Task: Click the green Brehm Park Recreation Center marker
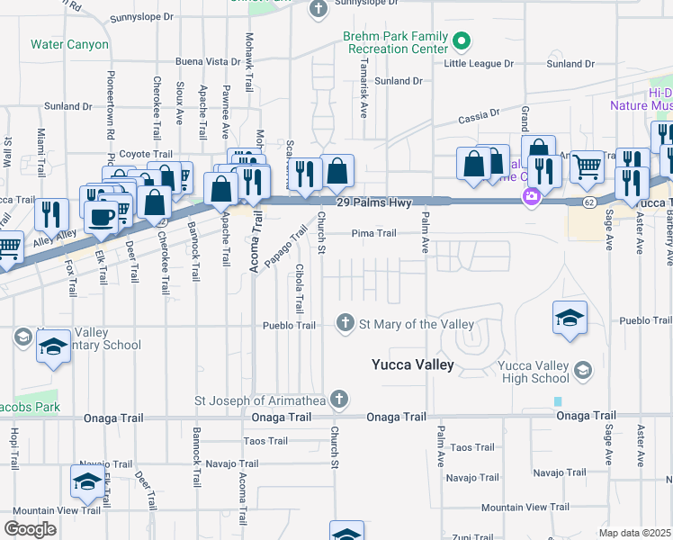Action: [462, 40]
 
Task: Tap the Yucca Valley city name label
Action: [413, 364]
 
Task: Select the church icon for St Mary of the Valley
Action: [345, 323]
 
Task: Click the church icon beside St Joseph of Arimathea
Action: [338, 399]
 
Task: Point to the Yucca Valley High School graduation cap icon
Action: [583, 370]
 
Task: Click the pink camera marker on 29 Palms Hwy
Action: [532, 195]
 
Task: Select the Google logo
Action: [31, 528]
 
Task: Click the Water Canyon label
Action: [69, 44]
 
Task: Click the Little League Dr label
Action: [478, 64]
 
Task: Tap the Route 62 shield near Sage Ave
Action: [586, 203]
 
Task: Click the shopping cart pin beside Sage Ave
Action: [587, 166]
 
